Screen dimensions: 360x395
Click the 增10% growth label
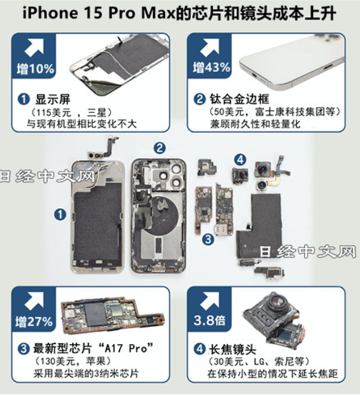35,69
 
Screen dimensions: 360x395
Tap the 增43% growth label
211,67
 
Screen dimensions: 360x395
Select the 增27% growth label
34,322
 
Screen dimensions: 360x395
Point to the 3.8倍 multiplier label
209,320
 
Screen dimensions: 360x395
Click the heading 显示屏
52,99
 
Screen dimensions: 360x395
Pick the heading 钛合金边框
240,99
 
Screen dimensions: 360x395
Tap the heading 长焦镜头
233,349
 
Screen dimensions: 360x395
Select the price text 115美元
52,112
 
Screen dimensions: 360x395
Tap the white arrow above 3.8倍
209,301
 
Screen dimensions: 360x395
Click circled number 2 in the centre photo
159,148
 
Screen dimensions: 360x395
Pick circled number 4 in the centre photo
240,159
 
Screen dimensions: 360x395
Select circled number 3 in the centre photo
208,239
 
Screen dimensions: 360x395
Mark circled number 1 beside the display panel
60,215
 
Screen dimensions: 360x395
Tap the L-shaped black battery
262,221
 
